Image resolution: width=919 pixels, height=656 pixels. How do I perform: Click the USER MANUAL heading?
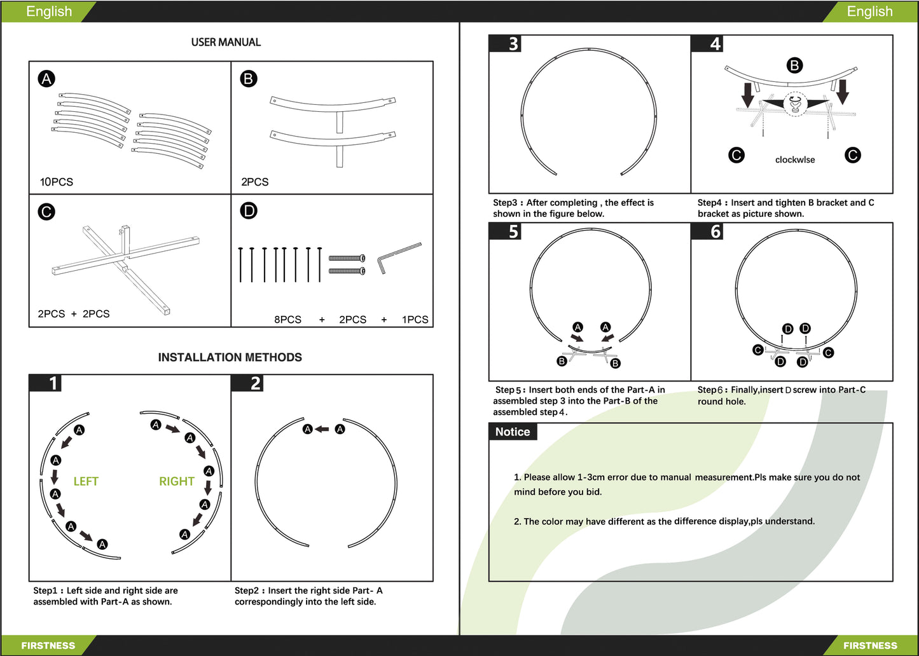click(x=226, y=43)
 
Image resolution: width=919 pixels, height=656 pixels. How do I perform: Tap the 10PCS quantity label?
click(x=57, y=182)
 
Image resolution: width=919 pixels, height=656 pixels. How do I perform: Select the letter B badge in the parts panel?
click(x=248, y=79)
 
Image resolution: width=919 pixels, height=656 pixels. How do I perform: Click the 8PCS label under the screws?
click(x=287, y=319)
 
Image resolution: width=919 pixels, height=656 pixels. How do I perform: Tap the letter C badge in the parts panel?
click(x=46, y=212)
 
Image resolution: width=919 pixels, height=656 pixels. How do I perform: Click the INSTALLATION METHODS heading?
click(x=230, y=357)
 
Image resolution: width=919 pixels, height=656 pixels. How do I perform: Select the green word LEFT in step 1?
click(x=86, y=481)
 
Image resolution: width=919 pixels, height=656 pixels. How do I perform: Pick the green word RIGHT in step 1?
click(x=176, y=481)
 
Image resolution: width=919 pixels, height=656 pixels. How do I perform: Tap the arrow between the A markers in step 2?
click(x=323, y=429)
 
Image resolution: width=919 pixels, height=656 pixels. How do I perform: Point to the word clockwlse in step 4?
click(x=794, y=160)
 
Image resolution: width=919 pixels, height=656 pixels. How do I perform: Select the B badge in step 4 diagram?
click(x=794, y=65)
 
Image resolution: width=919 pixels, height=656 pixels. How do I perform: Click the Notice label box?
click(x=513, y=432)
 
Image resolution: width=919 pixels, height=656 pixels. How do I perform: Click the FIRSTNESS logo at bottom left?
click(x=48, y=645)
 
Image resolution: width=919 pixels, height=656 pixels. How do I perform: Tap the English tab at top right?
click(x=869, y=11)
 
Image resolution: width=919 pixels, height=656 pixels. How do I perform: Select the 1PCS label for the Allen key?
click(x=415, y=319)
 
